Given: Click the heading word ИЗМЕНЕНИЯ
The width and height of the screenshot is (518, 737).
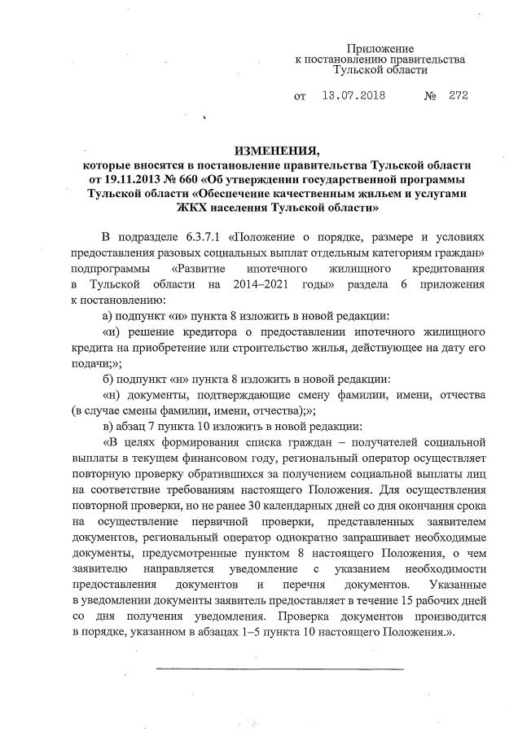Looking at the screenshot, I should (274, 151).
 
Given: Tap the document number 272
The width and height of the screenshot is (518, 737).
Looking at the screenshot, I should (458, 95).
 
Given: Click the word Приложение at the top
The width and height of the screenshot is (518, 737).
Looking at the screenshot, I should (380, 49).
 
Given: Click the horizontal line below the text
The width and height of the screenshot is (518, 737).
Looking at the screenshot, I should (279, 669).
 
